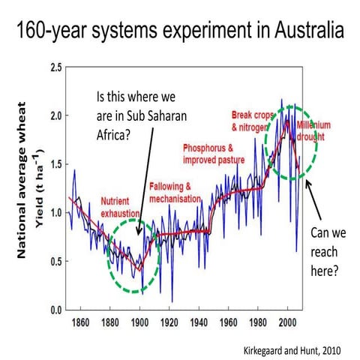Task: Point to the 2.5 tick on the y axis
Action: (x=53, y=68)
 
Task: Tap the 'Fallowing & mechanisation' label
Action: (x=175, y=192)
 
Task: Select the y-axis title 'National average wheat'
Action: (x=22, y=187)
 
